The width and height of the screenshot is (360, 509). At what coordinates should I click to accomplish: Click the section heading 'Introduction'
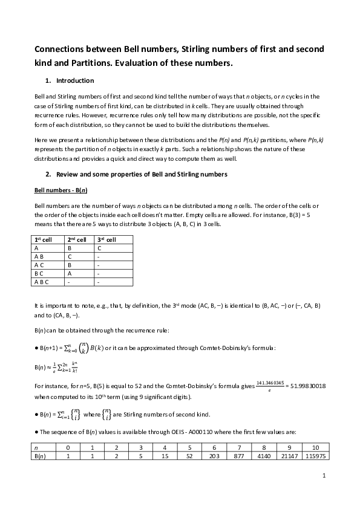tap(74, 80)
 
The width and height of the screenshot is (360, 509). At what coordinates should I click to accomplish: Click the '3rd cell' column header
tap(106, 239)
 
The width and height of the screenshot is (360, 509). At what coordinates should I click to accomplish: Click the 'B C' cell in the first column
tap(39, 273)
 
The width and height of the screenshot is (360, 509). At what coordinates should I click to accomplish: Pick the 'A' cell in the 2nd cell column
tap(70, 273)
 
